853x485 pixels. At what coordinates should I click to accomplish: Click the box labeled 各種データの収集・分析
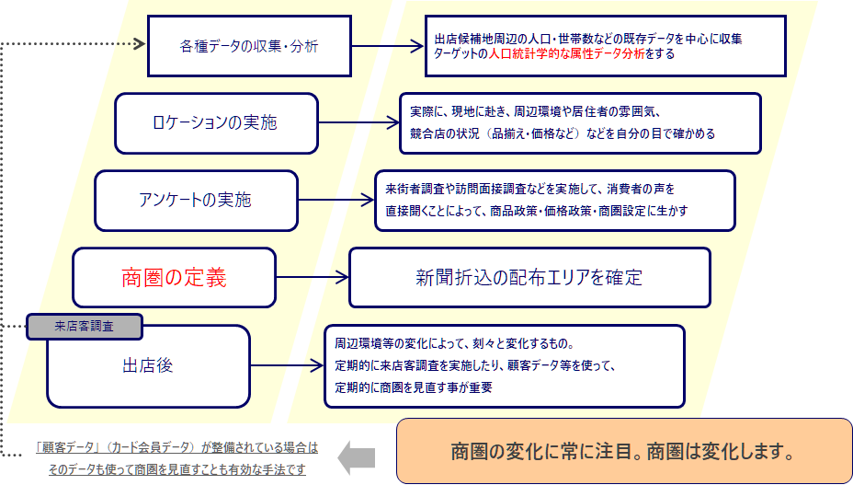[248, 45]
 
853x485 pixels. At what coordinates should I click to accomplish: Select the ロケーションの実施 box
[216, 122]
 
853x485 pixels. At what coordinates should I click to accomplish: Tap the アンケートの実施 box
[196, 200]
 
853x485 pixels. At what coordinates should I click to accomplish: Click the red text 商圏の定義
[174, 277]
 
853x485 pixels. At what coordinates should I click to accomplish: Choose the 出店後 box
[148, 365]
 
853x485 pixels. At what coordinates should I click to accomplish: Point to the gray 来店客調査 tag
[85, 326]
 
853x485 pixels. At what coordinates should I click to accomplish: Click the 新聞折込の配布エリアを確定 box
[529, 277]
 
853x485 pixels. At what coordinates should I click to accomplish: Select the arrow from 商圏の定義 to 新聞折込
[312, 277]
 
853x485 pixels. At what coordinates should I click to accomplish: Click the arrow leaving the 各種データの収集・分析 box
[386, 45]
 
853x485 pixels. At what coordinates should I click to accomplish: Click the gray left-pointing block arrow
[357, 454]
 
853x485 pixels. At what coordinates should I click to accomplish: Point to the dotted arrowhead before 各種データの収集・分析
[139, 43]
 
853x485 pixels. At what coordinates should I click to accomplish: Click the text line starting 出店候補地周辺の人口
[588, 39]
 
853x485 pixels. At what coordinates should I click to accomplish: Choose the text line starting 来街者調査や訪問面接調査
[530, 190]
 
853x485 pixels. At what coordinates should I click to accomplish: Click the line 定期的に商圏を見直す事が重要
[414, 387]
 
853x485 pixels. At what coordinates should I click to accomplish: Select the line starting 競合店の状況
[562, 133]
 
